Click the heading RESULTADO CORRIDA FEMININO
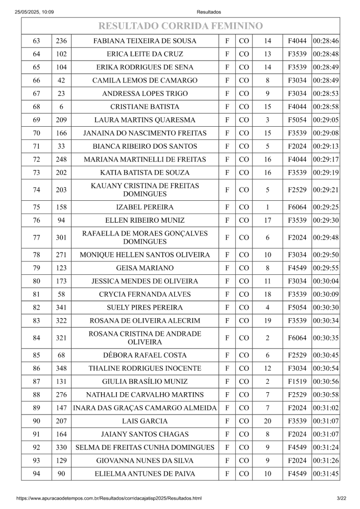pos(180,26)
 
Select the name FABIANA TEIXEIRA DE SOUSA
pos(145,41)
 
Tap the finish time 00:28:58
pos(326,107)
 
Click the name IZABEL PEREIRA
pos(145,207)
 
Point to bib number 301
pos(61,238)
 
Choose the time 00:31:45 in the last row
pos(326,474)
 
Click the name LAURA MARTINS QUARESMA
pos(145,120)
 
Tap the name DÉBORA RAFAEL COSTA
pos(145,355)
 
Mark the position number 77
pos(36,238)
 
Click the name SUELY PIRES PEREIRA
pos(145,308)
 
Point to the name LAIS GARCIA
pos(145,421)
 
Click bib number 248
pos(61,160)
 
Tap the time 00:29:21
pos(326,190)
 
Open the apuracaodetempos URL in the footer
pos(109,498)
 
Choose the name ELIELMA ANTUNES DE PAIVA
pos(145,474)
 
